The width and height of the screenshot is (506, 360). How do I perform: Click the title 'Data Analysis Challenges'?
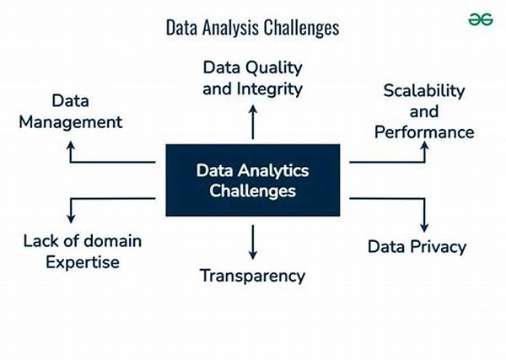tap(252, 29)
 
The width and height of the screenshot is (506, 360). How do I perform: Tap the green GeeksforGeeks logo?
tap(481, 19)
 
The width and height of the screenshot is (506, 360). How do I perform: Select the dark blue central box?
tap(252, 180)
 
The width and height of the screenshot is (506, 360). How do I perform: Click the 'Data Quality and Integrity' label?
tap(252, 77)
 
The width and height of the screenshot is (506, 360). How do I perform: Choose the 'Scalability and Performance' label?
tap(424, 111)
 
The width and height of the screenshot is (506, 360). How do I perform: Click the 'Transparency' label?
tap(252, 275)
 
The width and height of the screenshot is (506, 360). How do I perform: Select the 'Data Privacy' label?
tap(417, 247)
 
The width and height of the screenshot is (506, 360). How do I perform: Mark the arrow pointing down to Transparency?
tap(252, 242)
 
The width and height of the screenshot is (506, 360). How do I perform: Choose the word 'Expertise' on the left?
tap(83, 262)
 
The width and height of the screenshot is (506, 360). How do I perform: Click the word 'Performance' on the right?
tap(424, 132)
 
